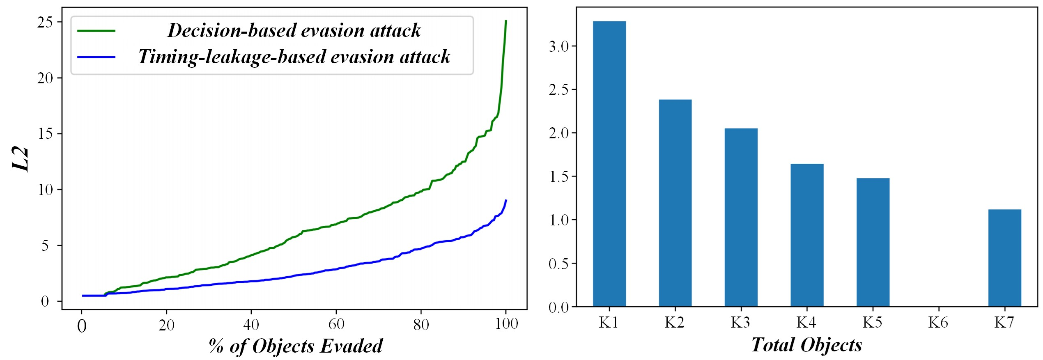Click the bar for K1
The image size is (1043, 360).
tap(609, 164)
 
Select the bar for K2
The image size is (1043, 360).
tap(675, 203)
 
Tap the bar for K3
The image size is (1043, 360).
tap(741, 217)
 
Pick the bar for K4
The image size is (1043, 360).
tap(807, 235)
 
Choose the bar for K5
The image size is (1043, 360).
tap(873, 242)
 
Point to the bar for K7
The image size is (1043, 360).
tap(1004, 258)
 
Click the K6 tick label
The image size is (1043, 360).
tap(938, 323)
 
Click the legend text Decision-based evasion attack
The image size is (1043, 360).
tap(294, 30)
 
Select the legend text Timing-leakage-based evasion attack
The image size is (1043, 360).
tap(294, 57)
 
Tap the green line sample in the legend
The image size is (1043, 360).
tap(96, 31)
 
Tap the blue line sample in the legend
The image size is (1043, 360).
tap(96, 57)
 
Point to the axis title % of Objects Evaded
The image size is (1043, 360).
tap(296, 346)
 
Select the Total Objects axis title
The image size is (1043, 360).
tap(806, 345)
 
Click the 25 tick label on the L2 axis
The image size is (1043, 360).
tap(45, 22)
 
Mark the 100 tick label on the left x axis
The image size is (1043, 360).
tap(506, 324)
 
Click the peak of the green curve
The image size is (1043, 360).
tap(506, 21)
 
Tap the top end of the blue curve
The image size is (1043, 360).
tap(506, 200)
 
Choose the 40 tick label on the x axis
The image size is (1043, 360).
tap(251, 325)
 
